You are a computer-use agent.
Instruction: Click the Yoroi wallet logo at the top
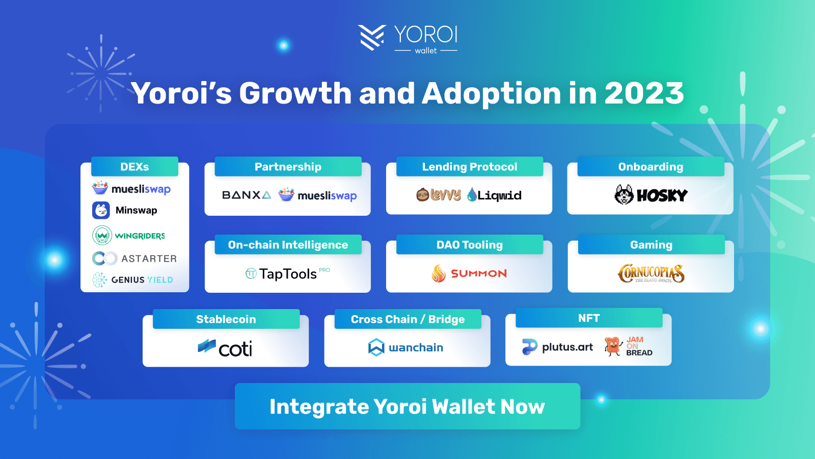407,38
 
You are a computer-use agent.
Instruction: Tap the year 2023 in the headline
644,93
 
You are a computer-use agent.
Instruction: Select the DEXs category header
134,166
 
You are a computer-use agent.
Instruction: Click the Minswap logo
125,210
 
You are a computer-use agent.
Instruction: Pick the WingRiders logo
128,235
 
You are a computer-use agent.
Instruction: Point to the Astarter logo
134,258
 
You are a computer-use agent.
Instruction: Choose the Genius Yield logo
132,280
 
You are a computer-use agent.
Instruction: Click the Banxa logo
247,195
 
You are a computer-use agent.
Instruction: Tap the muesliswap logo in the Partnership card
318,195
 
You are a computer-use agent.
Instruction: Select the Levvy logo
439,195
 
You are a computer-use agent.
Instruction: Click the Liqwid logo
494,195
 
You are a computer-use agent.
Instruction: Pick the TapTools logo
287,273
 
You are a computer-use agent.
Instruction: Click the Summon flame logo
439,273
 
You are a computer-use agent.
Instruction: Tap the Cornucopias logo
651,273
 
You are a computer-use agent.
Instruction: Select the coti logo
225,347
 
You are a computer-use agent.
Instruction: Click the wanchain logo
405,347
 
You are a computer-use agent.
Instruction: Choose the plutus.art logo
557,347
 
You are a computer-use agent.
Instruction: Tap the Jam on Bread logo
629,346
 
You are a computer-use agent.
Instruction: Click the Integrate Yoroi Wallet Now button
407,406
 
